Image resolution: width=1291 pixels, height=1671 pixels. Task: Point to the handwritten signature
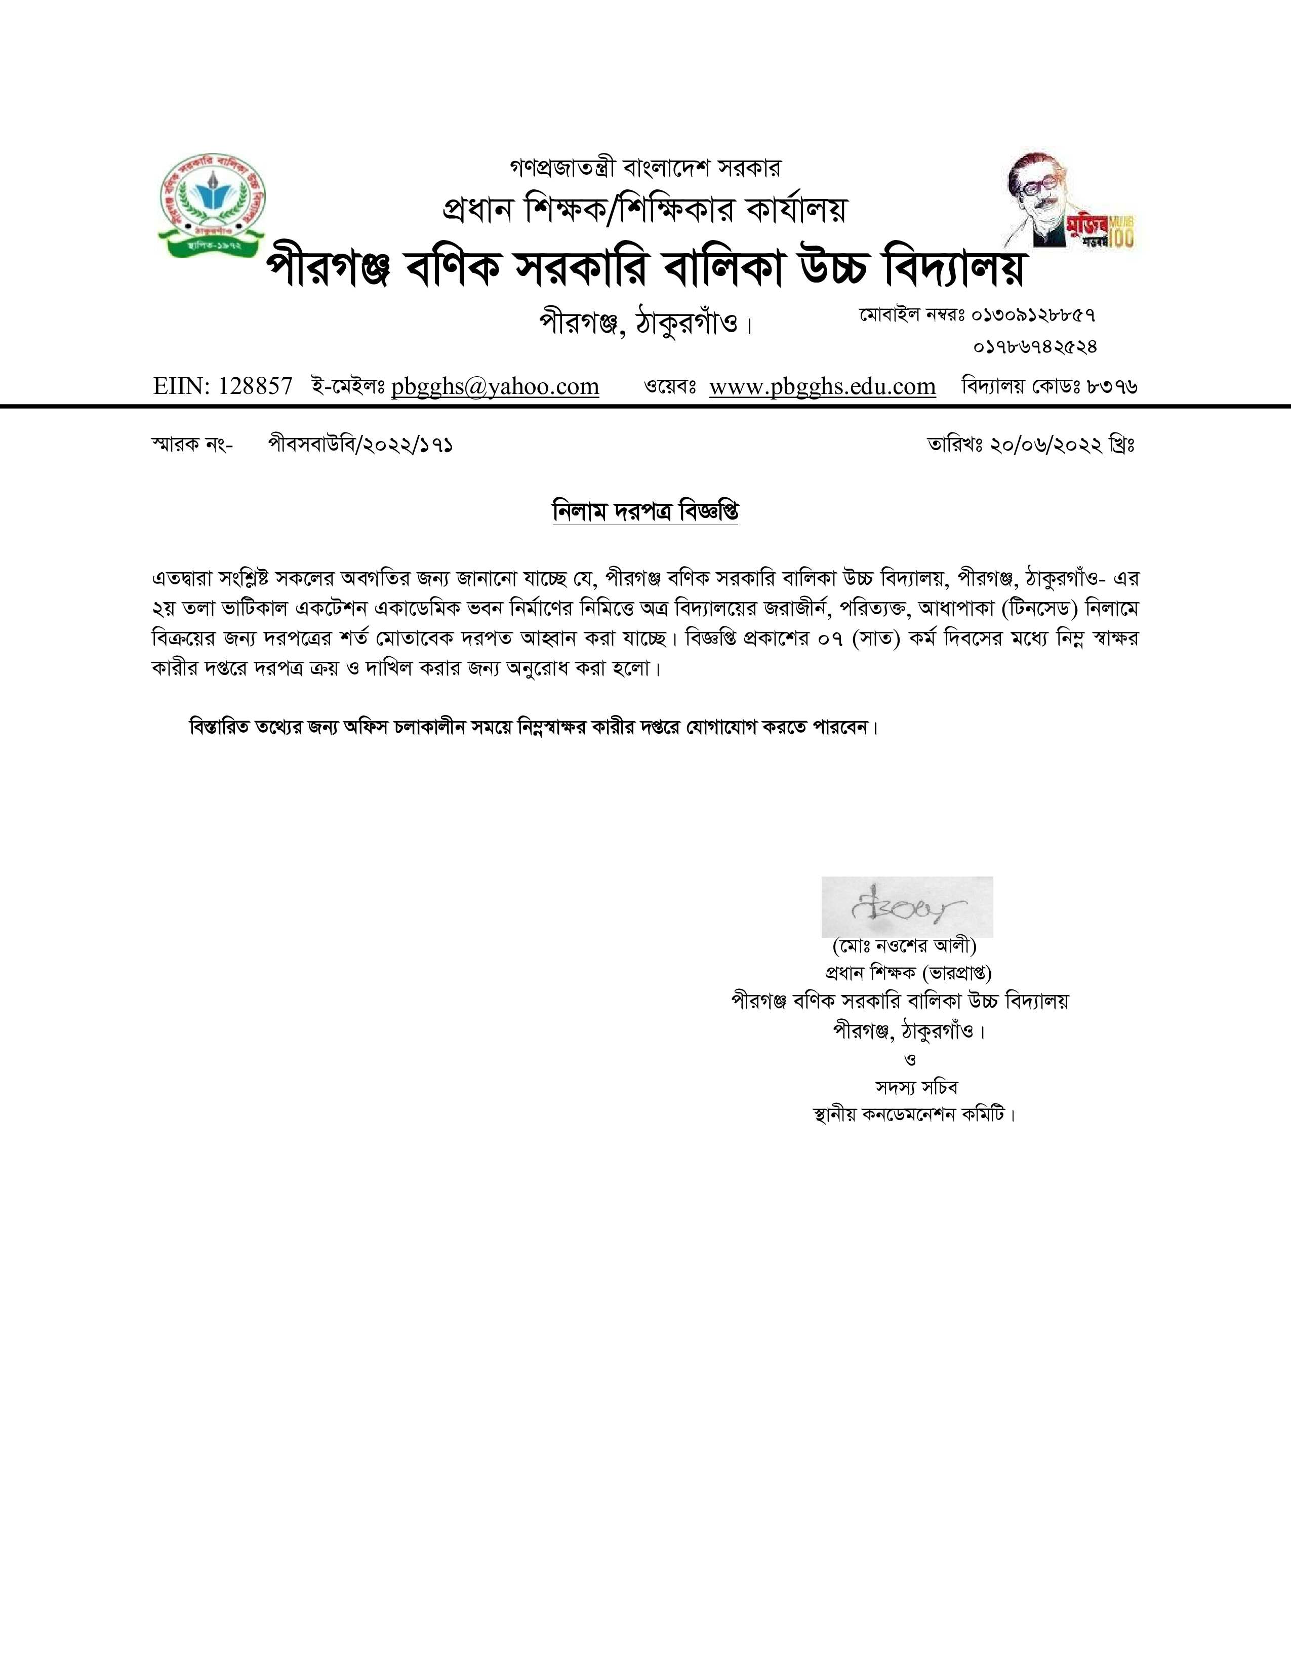coord(907,907)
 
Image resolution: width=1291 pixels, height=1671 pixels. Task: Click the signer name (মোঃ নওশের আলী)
coord(905,946)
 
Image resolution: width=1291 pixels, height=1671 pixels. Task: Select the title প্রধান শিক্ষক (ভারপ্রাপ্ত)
coord(908,973)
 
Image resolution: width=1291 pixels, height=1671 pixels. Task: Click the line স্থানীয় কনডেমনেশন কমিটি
coord(915,1115)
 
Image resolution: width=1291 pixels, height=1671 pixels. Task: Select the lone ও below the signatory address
coord(910,1060)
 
